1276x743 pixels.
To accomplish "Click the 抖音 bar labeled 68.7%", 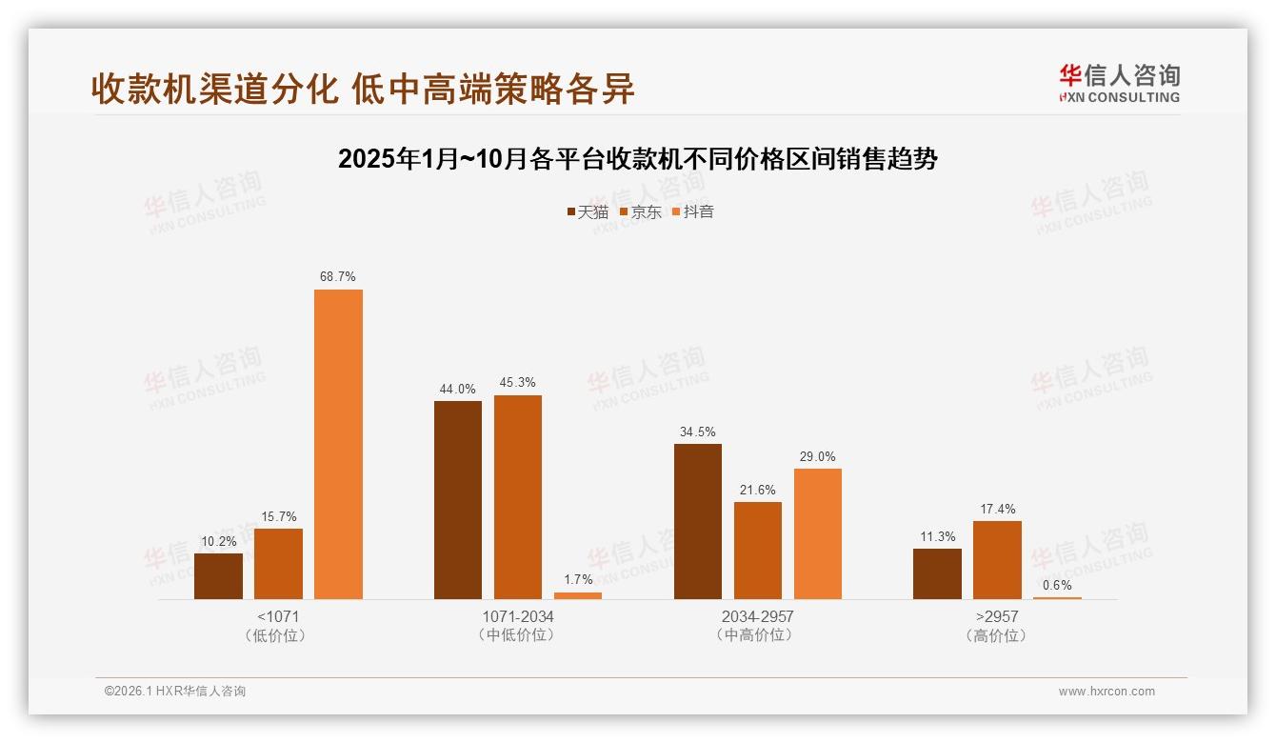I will (338, 444).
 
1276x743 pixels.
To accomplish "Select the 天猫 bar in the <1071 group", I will (218, 576).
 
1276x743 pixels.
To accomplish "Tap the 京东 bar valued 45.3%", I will (517, 497).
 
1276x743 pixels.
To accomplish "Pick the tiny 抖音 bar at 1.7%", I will (578, 595).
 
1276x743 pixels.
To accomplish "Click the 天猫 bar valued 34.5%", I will (697, 521).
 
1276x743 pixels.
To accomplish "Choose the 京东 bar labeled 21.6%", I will (757, 551).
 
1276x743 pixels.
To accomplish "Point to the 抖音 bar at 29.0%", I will (817, 533).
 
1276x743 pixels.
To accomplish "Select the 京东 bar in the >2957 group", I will (997, 560).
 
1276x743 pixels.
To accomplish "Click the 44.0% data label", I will (457, 389).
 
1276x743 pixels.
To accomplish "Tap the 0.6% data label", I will (1057, 585).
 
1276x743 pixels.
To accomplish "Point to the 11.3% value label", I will (937, 536).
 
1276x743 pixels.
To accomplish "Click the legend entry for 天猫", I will (588, 211).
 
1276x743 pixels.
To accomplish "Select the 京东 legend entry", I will (640, 211).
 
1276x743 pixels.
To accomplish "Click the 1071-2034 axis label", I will (517, 616).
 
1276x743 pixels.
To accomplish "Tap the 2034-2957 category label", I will (757, 616).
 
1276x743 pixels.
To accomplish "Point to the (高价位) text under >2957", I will (996, 635).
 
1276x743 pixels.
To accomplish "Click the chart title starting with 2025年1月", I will (638, 159).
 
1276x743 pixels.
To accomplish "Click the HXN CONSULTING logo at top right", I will (1119, 84).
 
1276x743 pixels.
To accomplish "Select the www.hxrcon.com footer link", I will (1107, 692).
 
